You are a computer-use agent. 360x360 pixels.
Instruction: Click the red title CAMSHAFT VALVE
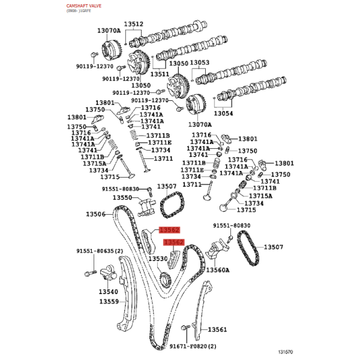pyautogui.click(x=84, y=6)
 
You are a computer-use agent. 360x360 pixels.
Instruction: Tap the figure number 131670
pyautogui.click(x=286, y=352)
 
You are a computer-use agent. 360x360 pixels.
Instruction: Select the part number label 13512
pyautogui.click(x=134, y=24)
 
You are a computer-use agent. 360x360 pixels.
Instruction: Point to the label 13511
pyautogui.click(x=160, y=74)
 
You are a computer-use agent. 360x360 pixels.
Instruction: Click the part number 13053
pyautogui.click(x=200, y=62)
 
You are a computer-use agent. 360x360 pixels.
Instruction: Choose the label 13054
pyautogui.click(x=223, y=113)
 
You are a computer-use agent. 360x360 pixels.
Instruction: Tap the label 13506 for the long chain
pyautogui.click(x=95, y=214)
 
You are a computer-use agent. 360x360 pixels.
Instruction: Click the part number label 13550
pyautogui.click(x=122, y=197)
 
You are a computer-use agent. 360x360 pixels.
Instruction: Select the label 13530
pyautogui.click(x=158, y=259)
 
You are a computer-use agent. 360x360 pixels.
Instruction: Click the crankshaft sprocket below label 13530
pyautogui.click(x=166, y=281)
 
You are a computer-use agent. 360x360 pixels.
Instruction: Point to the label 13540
pyautogui.click(x=109, y=292)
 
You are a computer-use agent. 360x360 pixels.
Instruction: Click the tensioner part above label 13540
pyautogui.click(x=109, y=273)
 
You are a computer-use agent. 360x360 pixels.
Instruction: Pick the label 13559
pyautogui.click(x=109, y=301)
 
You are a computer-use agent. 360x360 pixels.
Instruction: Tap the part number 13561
pyautogui.click(x=217, y=329)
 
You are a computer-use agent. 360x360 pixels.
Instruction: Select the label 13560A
pyautogui.click(x=218, y=270)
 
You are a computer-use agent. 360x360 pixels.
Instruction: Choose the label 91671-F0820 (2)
pyautogui.click(x=193, y=346)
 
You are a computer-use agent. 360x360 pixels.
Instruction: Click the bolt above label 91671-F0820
pyautogui.click(x=185, y=328)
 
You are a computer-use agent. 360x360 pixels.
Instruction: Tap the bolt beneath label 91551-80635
pyautogui.click(x=91, y=274)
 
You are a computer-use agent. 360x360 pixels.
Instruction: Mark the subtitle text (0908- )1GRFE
pyautogui.click(x=79, y=11)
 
